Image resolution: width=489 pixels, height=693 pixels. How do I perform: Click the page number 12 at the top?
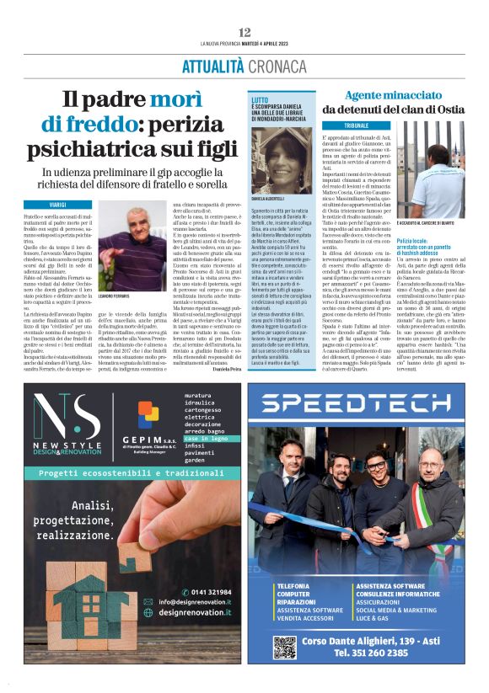(244, 32)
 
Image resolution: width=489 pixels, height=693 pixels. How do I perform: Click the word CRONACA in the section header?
(271, 66)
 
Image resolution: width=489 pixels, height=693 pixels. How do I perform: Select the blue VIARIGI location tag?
(58, 205)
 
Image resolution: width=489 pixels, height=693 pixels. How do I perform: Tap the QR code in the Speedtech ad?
(283, 646)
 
